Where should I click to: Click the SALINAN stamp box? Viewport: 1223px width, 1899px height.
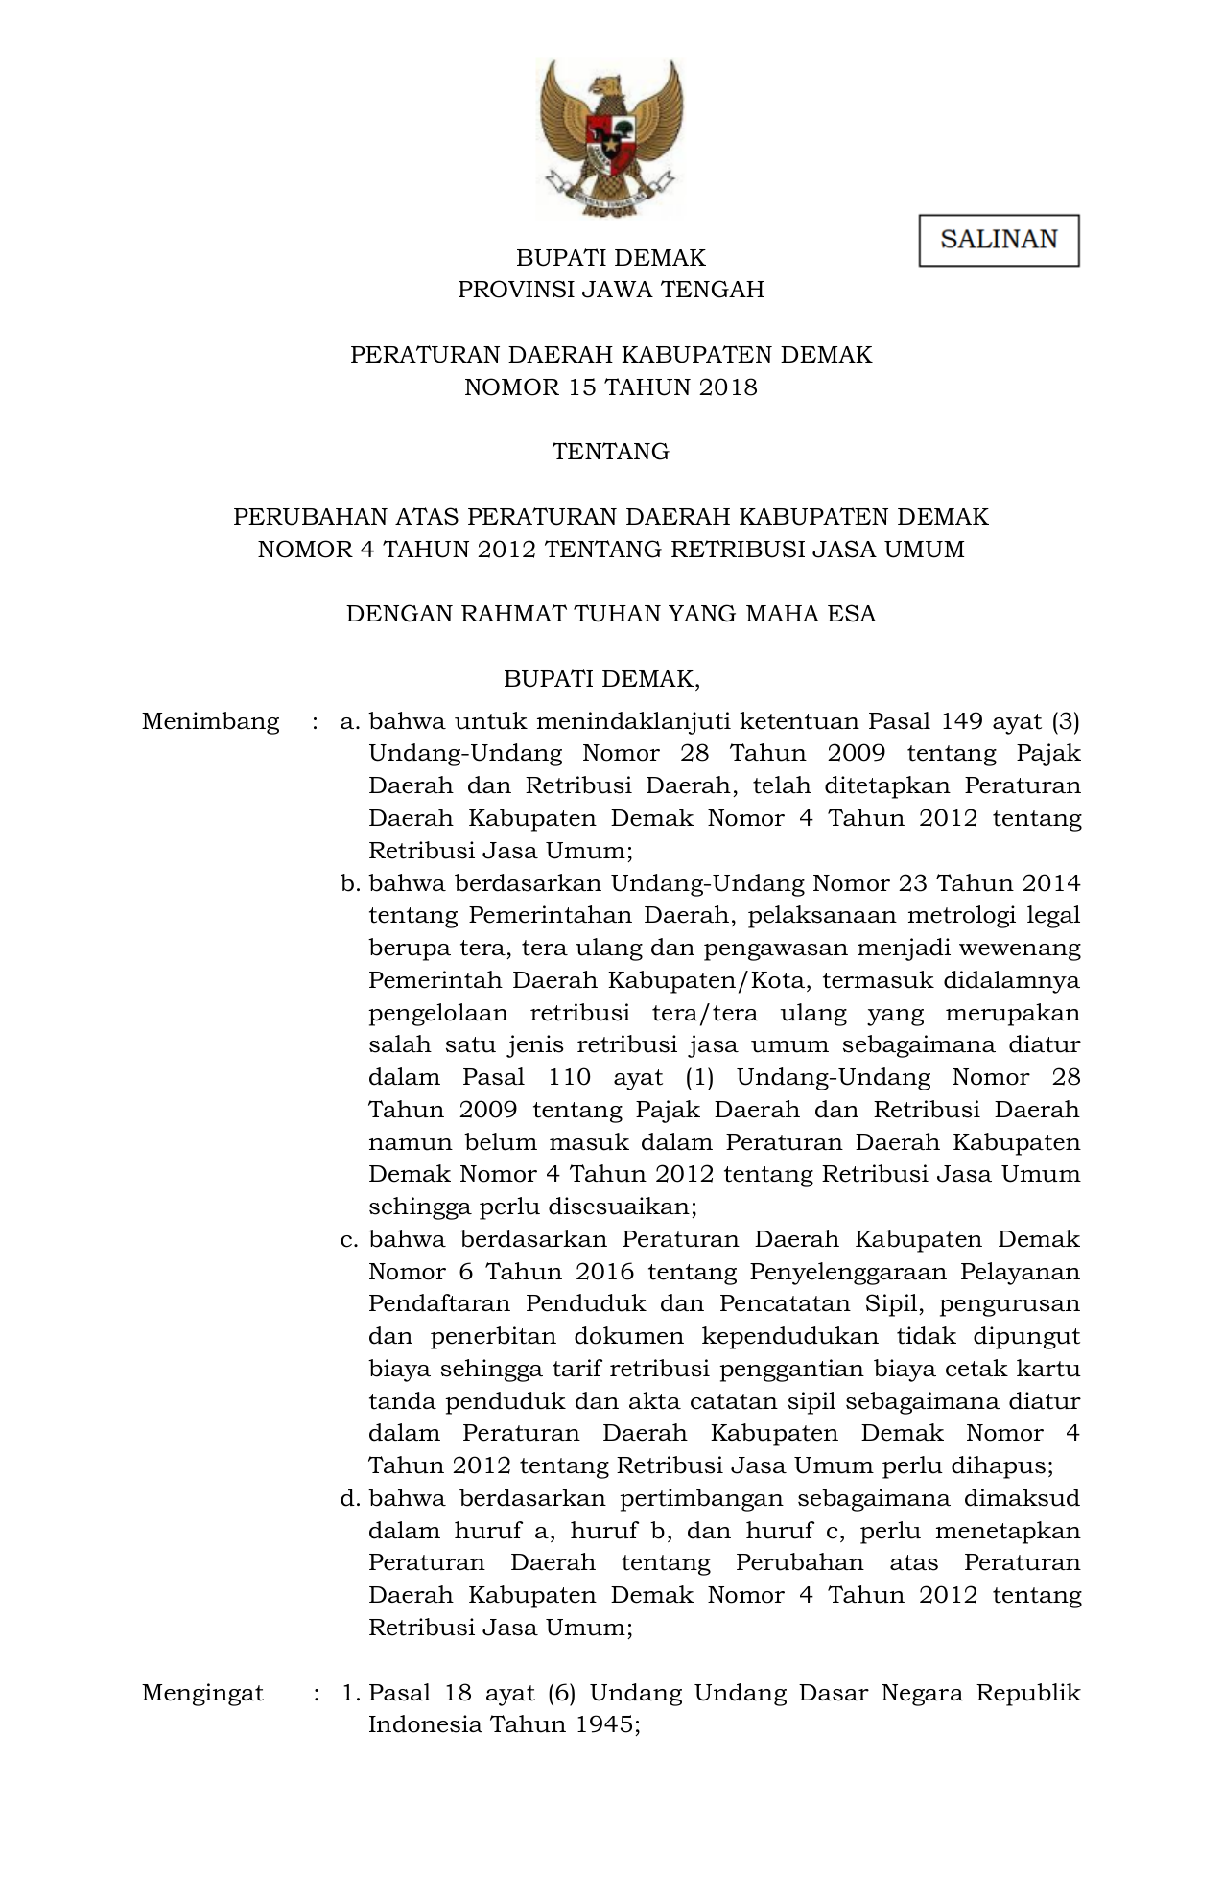tap(999, 240)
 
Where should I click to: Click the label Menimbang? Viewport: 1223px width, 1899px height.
tap(210, 721)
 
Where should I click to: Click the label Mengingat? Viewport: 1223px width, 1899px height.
tap(202, 1693)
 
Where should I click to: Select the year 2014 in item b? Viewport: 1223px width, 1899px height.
tap(1051, 883)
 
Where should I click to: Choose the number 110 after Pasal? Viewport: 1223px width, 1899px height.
tap(569, 1077)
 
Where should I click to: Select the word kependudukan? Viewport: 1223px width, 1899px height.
tap(789, 1336)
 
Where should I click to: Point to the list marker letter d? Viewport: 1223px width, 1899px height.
tap(350, 1498)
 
